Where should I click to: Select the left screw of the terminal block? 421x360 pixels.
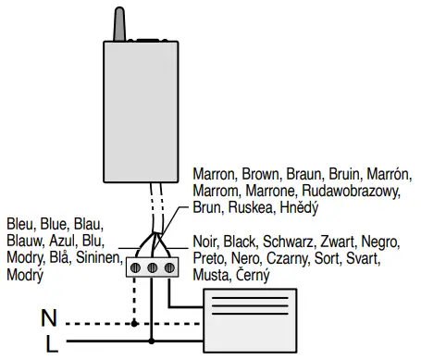click(136, 267)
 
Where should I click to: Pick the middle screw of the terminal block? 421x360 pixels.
click(154, 267)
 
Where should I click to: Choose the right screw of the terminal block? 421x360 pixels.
click(170, 267)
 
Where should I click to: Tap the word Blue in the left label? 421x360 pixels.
click(56, 225)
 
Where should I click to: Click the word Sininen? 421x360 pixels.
click(102, 258)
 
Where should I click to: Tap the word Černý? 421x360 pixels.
click(251, 276)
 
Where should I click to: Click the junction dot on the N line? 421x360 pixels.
click(136, 324)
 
